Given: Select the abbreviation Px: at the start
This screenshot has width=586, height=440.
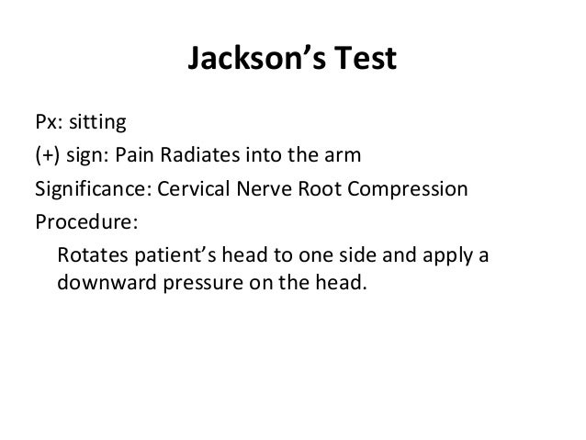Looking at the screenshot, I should point(49,122).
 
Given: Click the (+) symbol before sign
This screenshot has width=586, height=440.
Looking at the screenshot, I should point(49,157).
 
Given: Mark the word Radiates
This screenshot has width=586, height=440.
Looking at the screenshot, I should point(199,157).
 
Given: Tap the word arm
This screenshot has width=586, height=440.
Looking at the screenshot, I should point(347,157).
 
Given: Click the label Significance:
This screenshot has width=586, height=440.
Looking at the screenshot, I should point(93,191).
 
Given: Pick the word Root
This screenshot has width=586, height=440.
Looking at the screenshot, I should point(321,191).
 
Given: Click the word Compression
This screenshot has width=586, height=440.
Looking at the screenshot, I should point(407,191).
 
